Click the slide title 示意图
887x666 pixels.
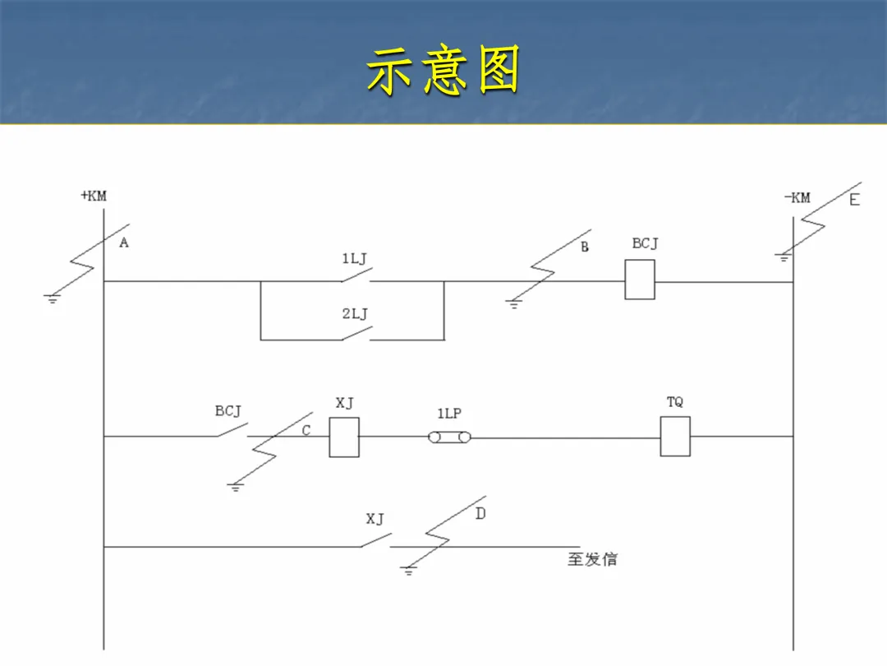coord(443,71)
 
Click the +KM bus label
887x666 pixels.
coord(93,196)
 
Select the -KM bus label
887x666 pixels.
coord(796,197)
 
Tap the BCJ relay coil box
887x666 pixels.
coord(640,280)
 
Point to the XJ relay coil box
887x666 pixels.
coord(344,437)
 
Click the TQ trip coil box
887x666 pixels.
coord(675,436)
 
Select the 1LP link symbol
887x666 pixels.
coord(449,437)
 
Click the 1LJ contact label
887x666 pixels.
coord(355,259)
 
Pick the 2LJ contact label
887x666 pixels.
coord(355,313)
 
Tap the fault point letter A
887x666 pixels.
coord(124,243)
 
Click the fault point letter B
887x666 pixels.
coord(585,247)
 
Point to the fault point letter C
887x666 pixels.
coord(306,430)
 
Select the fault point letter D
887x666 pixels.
coord(480,514)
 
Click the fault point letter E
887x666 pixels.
coord(854,200)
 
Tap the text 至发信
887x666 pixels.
coord(592,559)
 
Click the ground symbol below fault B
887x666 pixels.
coord(513,304)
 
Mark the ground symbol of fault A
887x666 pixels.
coord(53,298)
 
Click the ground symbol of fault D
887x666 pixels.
coord(408,570)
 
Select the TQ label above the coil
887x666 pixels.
coord(675,402)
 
